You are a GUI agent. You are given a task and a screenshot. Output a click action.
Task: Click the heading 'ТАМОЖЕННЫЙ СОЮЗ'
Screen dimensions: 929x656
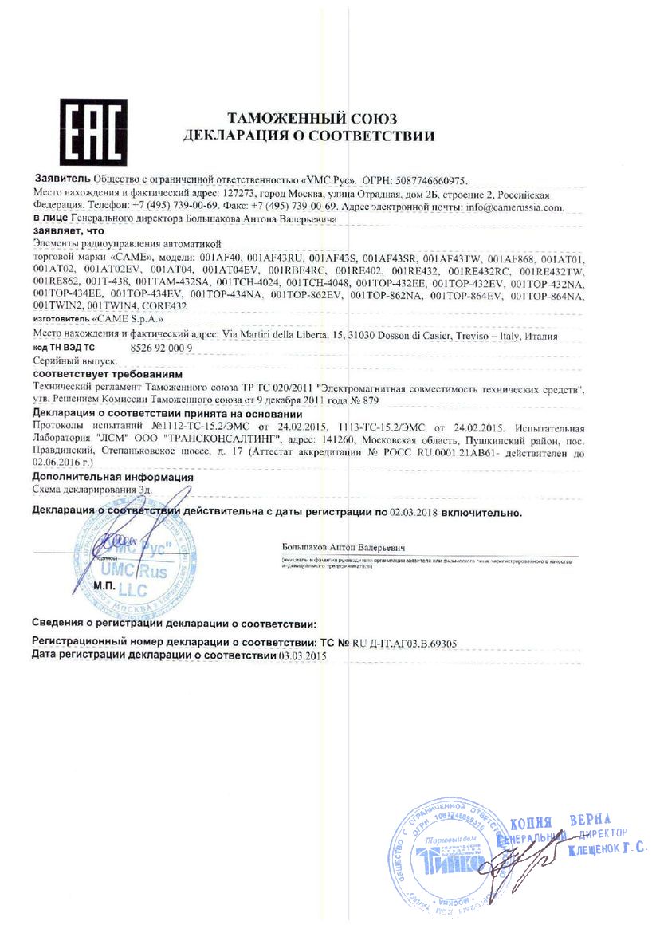click(x=311, y=119)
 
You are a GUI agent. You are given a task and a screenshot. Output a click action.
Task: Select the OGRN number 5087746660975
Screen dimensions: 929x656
click(x=435, y=181)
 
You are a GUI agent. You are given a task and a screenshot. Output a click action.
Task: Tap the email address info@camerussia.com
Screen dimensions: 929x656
click(x=515, y=206)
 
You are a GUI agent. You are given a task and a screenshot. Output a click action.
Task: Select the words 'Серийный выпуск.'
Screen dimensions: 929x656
click(x=66, y=361)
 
